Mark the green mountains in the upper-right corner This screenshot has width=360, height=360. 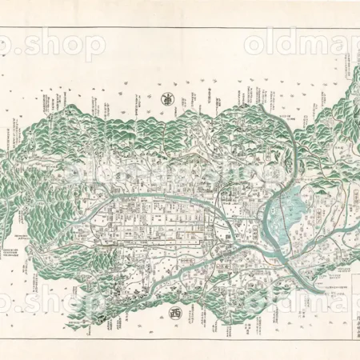340,104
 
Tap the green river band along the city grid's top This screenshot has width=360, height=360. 160,197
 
